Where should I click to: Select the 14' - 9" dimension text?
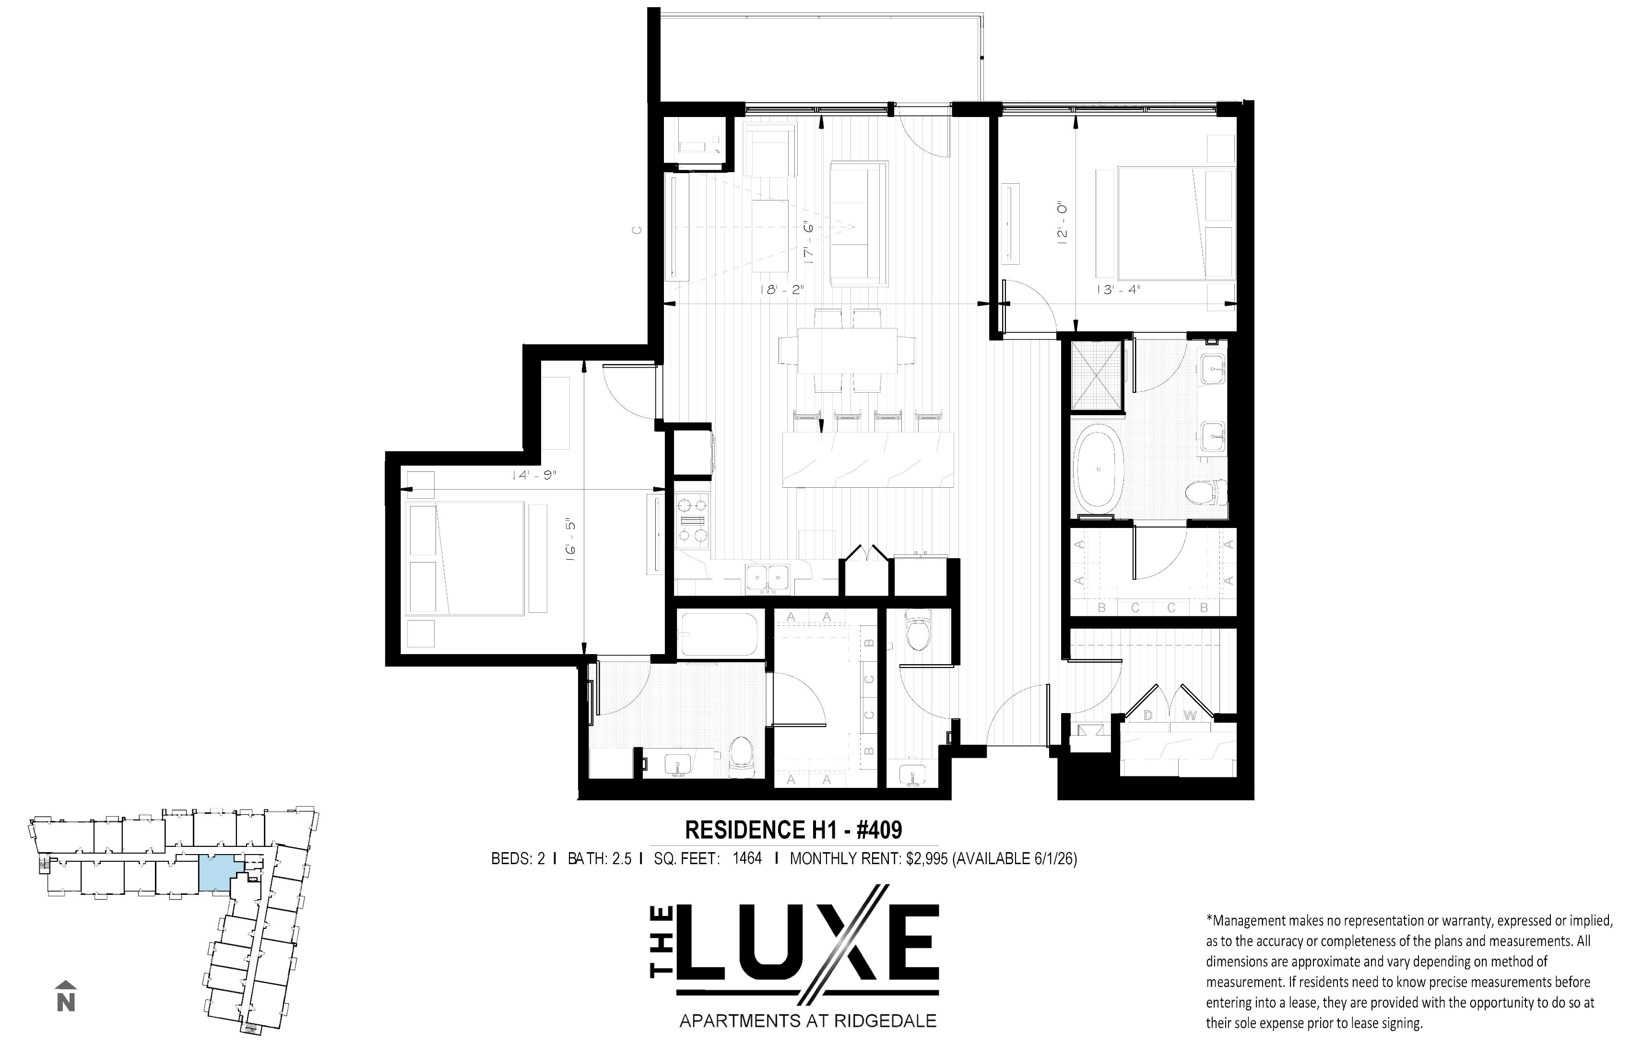[532, 475]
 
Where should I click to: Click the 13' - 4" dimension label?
[1118, 290]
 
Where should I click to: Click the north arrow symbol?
[66, 996]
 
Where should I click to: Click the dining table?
[847, 351]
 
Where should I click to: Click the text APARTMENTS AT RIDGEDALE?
[808, 1021]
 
